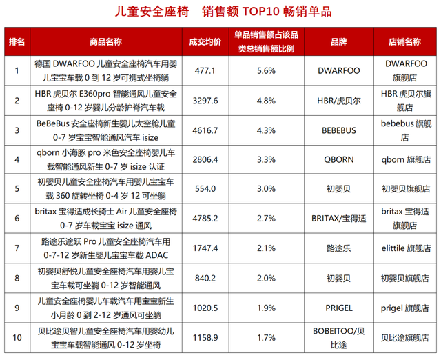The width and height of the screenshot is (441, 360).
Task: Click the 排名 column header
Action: pyautogui.click(x=17, y=41)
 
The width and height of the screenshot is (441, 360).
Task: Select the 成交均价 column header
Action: pyautogui.click(x=205, y=41)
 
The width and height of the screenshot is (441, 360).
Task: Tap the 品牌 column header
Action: pyautogui.click(x=338, y=41)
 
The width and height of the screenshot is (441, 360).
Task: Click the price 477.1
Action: pyautogui.click(x=205, y=70)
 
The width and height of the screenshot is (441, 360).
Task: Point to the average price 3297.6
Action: pyautogui.click(x=205, y=100)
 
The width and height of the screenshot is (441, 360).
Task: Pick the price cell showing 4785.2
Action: pyautogui.click(x=205, y=219)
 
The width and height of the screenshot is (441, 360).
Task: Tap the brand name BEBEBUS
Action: pyautogui.click(x=338, y=130)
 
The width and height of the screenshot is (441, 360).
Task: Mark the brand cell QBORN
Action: pyautogui.click(x=338, y=159)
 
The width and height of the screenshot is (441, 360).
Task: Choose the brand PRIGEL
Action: pyautogui.click(x=338, y=308)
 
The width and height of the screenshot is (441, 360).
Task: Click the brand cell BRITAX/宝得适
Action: pyautogui.click(x=338, y=219)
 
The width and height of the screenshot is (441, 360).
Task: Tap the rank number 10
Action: pyautogui.click(x=17, y=338)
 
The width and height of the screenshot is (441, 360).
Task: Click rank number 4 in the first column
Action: pyautogui.click(x=17, y=159)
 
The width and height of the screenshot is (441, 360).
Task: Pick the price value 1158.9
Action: pyautogui.click(x=205, y=338)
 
